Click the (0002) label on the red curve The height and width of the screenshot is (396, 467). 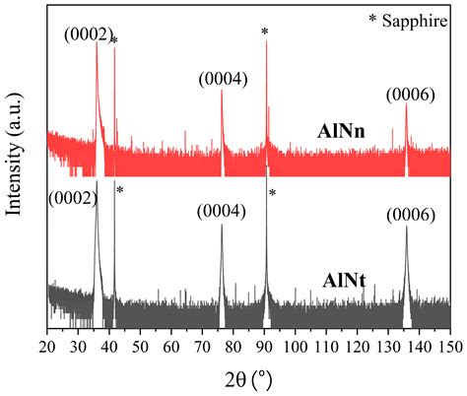[x=88, y=36]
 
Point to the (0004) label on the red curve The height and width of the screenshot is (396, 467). [x=223, y=79]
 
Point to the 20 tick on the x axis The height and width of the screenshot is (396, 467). [x=47, y=346]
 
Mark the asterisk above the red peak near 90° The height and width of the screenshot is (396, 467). [x=265, y=33]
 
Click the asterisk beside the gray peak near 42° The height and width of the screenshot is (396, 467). [x=120, y=190]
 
